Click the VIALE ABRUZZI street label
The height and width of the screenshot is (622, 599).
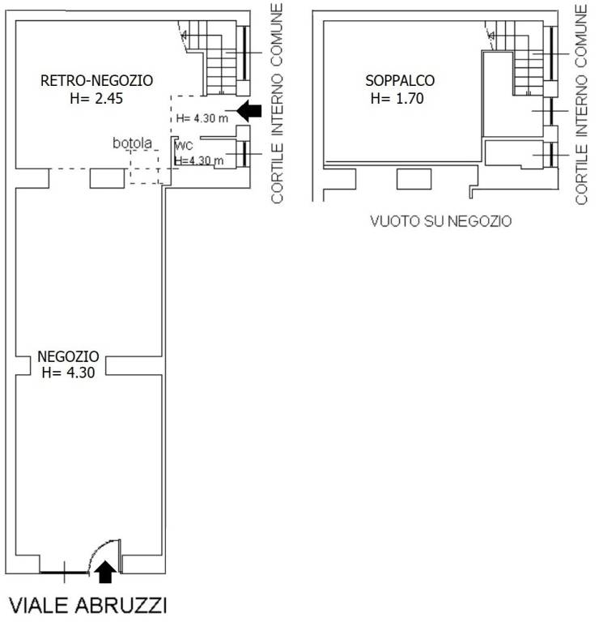88,605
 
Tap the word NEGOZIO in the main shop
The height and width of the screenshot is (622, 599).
68,356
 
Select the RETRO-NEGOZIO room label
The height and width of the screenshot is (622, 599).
96,80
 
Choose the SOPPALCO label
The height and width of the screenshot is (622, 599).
400,81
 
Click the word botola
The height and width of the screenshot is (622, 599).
132,144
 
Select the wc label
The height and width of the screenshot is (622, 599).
184,147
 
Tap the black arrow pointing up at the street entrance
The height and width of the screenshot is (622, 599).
105,573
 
